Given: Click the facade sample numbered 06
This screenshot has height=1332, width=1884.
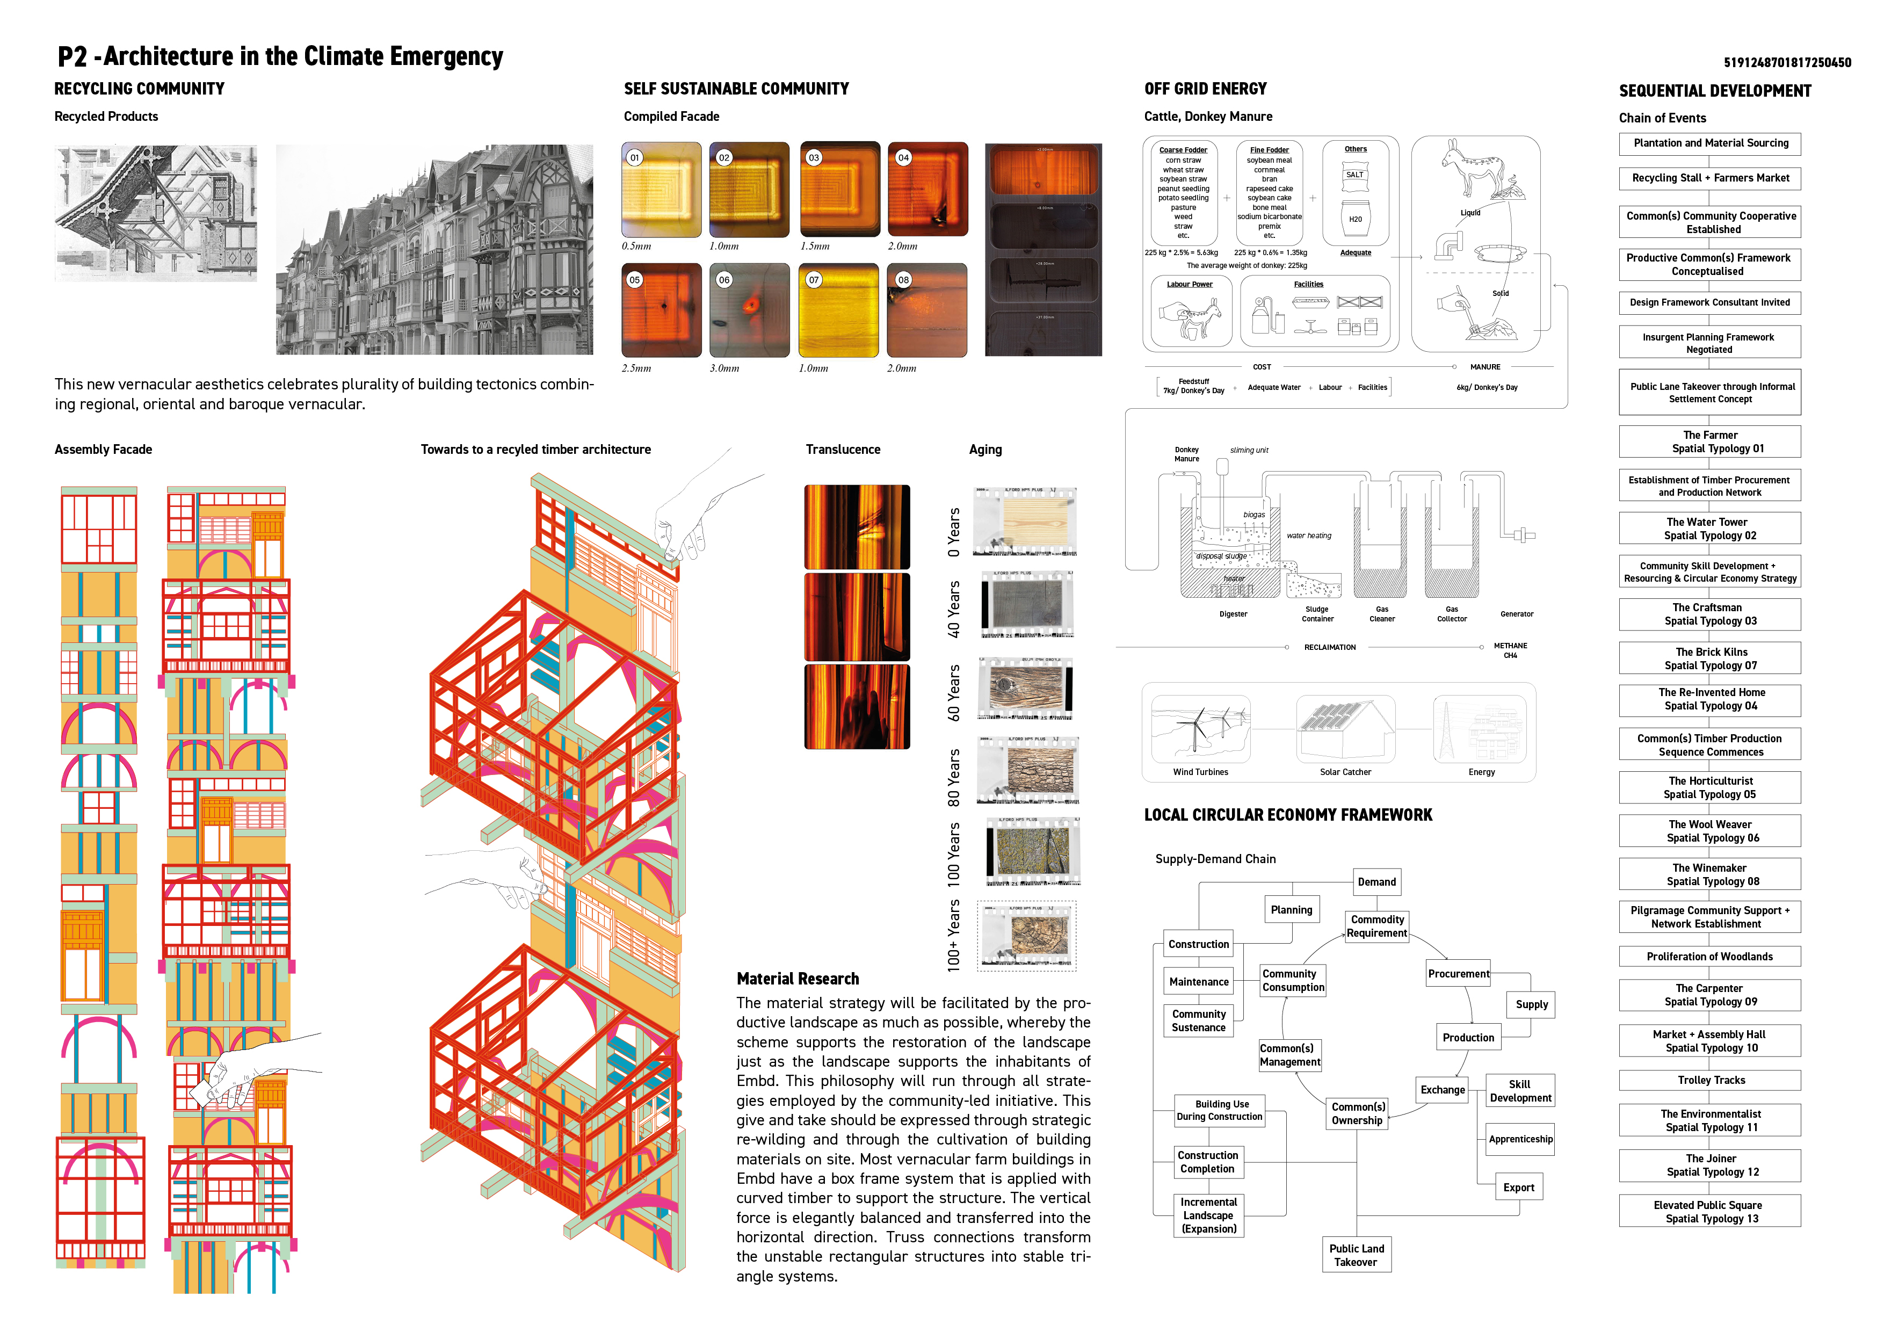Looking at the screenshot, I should [x=749, y=310].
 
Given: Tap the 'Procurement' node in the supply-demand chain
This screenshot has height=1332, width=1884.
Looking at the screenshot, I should [x=1458, y=973].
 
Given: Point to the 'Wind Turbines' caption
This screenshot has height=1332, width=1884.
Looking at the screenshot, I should [x=1200, y=772].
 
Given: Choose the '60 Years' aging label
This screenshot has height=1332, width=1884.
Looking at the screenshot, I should [x=953, y=693].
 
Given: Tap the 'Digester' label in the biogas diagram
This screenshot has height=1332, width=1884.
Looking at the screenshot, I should [x=1233, y=614].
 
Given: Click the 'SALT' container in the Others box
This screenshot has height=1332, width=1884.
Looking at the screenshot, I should [x=1355, y=175].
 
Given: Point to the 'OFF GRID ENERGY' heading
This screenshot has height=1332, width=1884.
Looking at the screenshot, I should [x=1205, y=89].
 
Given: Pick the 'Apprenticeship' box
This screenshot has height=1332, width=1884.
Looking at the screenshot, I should [x=1520, y=1139].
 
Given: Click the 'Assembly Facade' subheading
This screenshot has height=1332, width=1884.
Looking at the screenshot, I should [x=104, y=449].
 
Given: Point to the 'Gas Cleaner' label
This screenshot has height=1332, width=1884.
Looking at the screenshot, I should [x=1382, y=614].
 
